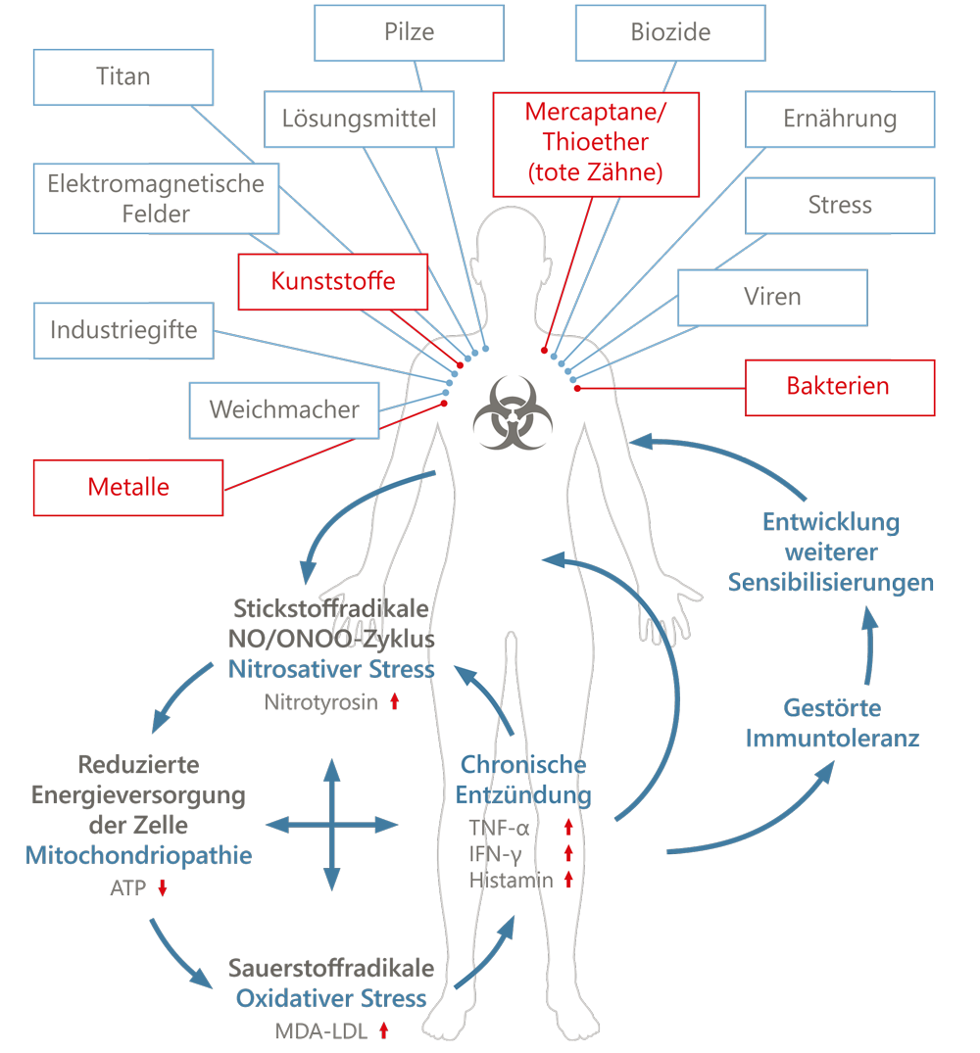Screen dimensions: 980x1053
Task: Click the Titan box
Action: (x=123, y=77)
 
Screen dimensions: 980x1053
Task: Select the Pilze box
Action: (x=409, y=33)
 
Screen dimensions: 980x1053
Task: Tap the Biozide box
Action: (x=670, y=33)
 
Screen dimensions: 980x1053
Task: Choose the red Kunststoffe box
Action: (x=333, y=281)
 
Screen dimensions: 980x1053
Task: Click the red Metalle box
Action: (x=128, y=488)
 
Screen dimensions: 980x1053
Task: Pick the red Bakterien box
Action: (x=840, y=388)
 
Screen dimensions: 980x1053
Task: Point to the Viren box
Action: (x=772, y=298)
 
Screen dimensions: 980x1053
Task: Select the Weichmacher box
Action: (x=284, y=410)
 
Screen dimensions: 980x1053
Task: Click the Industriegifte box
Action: (x=123, y=330)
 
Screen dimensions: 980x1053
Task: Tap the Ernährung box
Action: (x=840, y=119)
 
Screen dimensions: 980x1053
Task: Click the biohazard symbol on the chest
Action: (x=513, y=412)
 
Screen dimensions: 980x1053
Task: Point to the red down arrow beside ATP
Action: (x=163, y=887)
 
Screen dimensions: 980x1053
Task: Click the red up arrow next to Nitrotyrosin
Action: (x=395, y=701)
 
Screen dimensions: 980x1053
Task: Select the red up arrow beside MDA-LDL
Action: (x=383, y=1030)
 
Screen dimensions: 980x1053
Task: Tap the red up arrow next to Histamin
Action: (x=568, y=879)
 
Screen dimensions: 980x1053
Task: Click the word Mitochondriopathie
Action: (x=138, y=855)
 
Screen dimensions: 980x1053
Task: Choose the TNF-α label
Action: (x=499, y=828)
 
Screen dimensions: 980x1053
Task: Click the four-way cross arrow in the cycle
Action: (x=332, y=825)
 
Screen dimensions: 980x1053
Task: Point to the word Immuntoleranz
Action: (x=832, y=738)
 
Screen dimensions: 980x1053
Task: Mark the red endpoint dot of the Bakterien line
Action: (x=577, y=388)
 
